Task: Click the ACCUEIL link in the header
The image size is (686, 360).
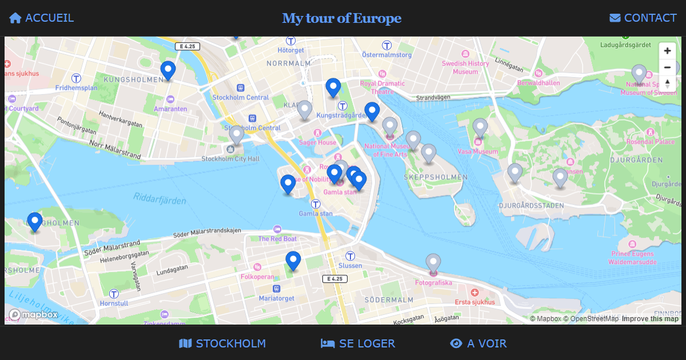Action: [x=41, y=18]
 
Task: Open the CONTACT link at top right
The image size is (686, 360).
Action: [x=643, y=18]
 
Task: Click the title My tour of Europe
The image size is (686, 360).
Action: [x=342, y=18]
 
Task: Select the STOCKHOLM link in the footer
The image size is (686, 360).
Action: [x=222, y=343]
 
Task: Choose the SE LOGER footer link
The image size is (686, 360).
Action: [x=358, y=343]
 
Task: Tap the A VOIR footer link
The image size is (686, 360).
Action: [x=478, y=343]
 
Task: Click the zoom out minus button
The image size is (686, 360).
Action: [x=667, y=67]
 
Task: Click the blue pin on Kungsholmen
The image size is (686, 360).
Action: [x=167, y=70]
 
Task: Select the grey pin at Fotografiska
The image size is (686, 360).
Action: [x=433, y=262]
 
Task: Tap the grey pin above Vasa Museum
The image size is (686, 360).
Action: [x=480, y=127]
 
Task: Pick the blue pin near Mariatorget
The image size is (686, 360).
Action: [x=293, y=260]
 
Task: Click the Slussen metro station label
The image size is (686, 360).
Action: [x=350, y=265]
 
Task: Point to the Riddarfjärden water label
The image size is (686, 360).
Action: [x=159, y=199]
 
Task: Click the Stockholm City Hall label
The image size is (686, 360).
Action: [x=230, y=158]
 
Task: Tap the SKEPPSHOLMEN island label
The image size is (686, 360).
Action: [x=436, y=177]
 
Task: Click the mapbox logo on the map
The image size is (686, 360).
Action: [x=33, y=314]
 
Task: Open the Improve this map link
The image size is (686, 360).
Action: [x=650, y=319]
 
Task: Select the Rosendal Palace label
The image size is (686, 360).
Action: [x=650, y=141]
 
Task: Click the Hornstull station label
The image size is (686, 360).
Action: [x=114, y=303]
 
